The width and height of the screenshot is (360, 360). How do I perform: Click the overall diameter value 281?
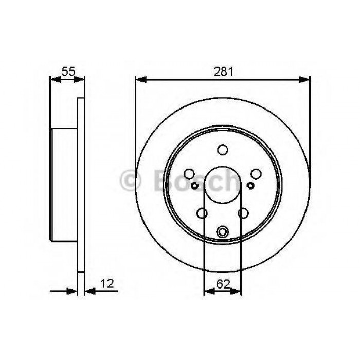click(223, 71)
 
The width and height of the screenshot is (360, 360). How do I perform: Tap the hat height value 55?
click(68, 71)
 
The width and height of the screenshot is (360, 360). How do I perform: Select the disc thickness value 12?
click(107, 284)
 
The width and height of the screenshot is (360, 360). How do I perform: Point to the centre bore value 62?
click(223, 284)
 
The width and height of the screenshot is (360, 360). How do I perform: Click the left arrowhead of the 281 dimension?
click(141, 80)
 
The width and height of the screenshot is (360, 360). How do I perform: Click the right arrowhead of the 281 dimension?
click(304, 80)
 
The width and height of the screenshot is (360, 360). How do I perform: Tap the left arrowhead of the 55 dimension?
click(56, 80)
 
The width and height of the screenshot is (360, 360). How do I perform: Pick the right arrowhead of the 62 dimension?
click(236, 292)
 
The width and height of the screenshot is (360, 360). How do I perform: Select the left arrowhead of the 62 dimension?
click(209, 292)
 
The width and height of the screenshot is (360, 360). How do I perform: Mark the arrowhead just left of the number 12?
click(90, 292)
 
